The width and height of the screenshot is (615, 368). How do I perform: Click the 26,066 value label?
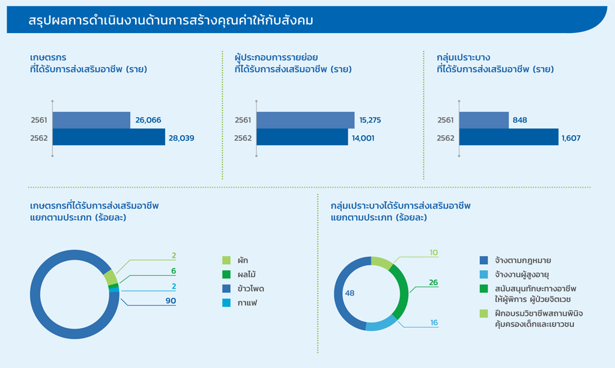click(x=148, y=120)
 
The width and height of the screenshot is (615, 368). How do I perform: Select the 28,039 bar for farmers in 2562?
click(x=109, y=137)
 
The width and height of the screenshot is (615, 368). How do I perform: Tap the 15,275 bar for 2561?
click(x=305, y=120)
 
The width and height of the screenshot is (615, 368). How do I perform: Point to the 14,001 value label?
click(x=363, y=138)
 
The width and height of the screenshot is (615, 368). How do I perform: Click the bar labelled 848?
click(x=484, y=120)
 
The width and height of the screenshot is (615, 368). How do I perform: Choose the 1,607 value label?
click(x=571, y=138)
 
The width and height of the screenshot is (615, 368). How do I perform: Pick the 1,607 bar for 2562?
click(x=509, y=137)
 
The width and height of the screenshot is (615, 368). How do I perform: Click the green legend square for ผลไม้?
click(x=226, y=274)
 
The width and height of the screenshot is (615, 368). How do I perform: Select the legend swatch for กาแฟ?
click(x=226, y=303)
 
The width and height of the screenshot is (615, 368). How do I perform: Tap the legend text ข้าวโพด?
click(x=250, y=289)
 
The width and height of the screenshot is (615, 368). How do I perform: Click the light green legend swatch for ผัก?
click(x=226, y=260)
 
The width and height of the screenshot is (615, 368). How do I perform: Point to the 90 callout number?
click(x=171, y=301)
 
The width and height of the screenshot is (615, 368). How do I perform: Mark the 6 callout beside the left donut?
click(x=174, y=271)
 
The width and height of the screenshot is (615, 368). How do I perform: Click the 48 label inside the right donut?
click(x=350, y=293)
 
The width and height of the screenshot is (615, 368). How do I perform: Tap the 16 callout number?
click(x=434, y=322)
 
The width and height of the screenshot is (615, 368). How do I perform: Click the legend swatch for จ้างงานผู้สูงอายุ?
click(x=483, y=274)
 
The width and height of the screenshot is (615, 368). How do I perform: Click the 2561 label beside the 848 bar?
click(x=446, y=120)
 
